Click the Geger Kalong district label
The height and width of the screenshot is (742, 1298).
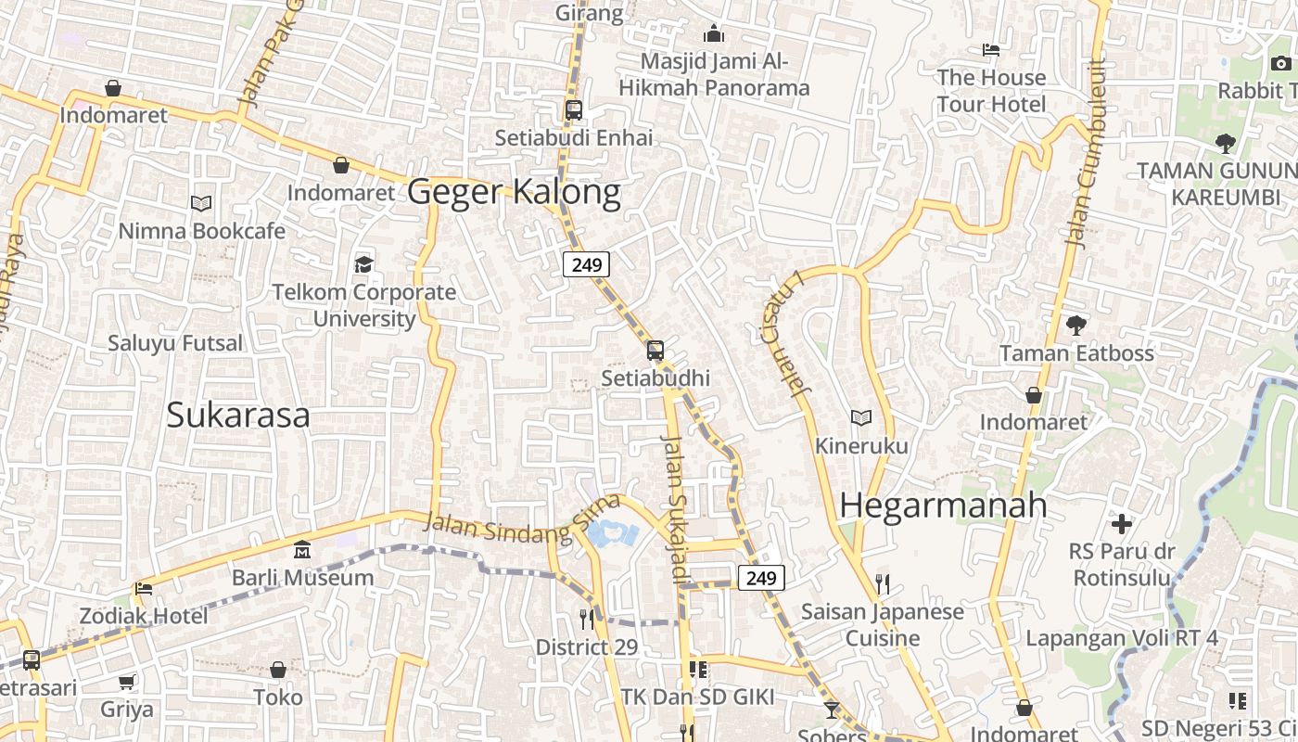coord(514,192)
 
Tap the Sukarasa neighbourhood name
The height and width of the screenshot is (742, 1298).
coord(238,415)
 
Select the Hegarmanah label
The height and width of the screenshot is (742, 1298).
coord(943,505)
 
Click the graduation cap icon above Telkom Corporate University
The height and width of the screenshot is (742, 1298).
coord(363,264)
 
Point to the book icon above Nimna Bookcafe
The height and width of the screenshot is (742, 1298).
coord(201,203)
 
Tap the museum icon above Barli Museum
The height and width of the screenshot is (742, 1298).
coord(301,550)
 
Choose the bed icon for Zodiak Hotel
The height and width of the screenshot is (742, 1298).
coord(143,588)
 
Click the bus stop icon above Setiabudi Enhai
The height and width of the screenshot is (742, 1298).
coord(574,110)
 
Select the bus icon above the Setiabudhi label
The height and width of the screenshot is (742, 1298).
coord(655,351)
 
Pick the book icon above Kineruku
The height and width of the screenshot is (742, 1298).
coord(861,418)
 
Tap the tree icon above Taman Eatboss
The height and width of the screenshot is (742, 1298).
coord(1075,326)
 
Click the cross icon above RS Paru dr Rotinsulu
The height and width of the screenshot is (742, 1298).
coord(1122,524)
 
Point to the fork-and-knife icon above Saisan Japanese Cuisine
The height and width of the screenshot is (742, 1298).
coord(882,583)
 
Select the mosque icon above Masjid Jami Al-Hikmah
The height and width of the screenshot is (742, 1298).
coord(714,34)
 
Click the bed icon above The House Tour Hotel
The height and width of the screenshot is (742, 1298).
coord(991,49)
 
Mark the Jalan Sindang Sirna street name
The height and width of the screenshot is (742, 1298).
coord(521,519)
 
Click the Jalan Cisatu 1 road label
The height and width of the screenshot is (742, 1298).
coord(784,334)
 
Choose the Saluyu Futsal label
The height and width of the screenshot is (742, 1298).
coord(174,343)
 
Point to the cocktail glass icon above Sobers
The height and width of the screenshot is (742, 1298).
coord(831,710)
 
